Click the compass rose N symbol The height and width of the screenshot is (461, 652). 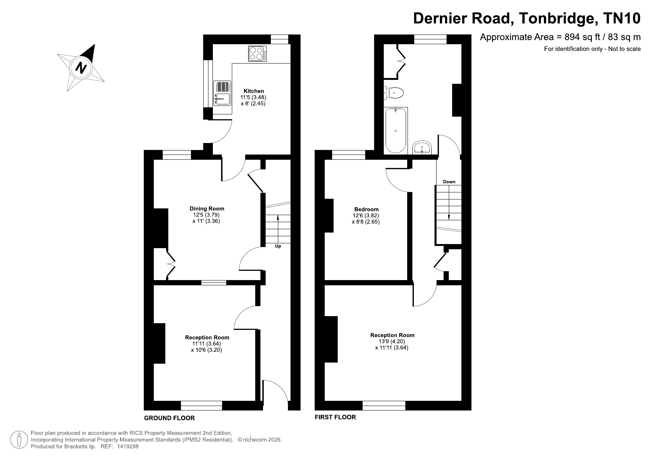81,68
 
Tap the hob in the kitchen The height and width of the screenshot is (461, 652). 257,53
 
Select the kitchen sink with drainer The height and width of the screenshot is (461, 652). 222,93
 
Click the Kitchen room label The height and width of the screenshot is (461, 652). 254,91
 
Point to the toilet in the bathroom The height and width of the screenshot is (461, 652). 393,92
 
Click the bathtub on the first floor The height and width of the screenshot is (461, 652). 396,131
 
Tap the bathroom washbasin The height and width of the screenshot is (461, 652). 422,147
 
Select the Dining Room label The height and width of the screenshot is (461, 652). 207,209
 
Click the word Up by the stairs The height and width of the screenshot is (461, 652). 278,246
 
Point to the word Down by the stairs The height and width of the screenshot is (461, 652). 449,182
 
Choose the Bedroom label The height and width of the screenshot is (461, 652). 366,210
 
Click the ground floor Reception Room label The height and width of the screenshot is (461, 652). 207,338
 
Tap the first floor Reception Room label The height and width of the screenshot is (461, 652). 392,335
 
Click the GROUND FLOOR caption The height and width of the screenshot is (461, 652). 169,418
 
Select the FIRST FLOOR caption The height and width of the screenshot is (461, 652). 335,417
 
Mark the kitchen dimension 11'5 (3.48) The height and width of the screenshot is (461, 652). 253,98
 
